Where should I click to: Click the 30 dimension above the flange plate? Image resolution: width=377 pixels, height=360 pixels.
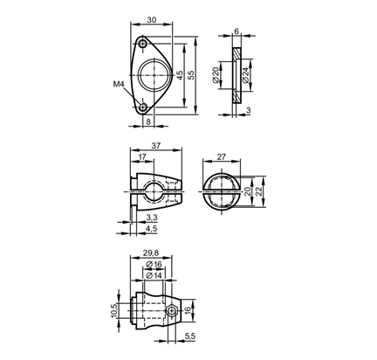(x=152, y=20)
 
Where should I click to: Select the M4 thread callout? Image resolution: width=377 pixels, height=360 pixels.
(x=119, y=84)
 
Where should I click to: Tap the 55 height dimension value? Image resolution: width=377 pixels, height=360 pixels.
(x=191, y=75)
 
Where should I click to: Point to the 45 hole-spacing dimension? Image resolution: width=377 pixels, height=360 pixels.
(x=180, y=75)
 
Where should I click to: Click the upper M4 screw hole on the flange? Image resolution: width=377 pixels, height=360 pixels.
(x=142, y=45)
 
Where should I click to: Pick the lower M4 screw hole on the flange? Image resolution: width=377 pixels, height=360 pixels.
(x=142, y=107)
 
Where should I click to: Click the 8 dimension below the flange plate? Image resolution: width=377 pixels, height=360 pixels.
(x=148, y=121)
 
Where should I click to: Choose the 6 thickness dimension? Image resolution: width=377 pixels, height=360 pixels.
(x=236, y=31)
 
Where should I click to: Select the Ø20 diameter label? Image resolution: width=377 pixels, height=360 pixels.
(x=216, y=75)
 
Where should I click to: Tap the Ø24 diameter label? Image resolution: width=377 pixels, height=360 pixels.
(x=245, y=75)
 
